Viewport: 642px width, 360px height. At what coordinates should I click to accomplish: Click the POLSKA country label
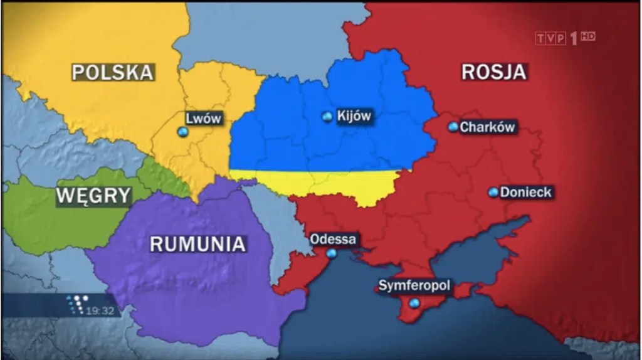[x=112, y=72]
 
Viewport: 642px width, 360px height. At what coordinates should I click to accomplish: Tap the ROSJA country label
[x=493, y=71]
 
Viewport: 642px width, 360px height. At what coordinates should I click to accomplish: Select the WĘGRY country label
[x=93, y=196]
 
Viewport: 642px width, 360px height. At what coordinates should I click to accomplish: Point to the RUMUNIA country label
[x=197, y=243]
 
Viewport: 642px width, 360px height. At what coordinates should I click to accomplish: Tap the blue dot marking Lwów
[x=182, y=132]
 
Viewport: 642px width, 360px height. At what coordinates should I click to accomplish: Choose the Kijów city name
[x=354, y=116]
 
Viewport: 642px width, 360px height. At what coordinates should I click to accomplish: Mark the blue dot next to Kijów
[x=327, y=117]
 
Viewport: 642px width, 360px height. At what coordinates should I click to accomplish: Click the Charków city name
[x=488, y=127]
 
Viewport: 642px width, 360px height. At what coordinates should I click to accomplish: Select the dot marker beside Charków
[x=453, y=127]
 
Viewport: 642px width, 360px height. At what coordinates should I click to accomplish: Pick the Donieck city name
[x=526, y=192]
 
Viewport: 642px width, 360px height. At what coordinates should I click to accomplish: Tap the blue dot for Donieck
[x=493, y=192]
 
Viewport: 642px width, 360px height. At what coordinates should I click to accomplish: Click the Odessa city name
[x=334, y=239]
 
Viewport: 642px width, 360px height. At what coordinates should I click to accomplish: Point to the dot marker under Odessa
[x=331, y=254]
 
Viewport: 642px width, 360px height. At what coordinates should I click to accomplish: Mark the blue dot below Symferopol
[x=413, y=303]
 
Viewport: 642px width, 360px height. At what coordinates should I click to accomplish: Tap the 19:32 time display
[x=100, y=310]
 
